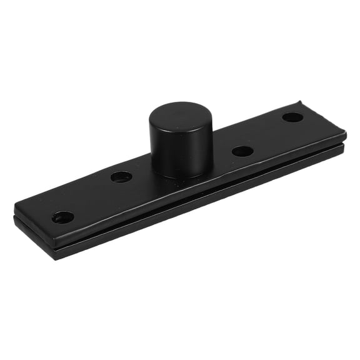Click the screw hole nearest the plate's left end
[x=62, y=217]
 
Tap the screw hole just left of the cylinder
[x=121, y=177]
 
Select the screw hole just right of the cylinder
[x=242, y=151]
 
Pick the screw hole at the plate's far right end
[x=292, y=117]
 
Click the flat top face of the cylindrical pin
[x=181, y=116]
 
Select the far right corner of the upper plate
[x=345, y=133]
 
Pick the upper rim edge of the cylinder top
[x=181, y=104]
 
